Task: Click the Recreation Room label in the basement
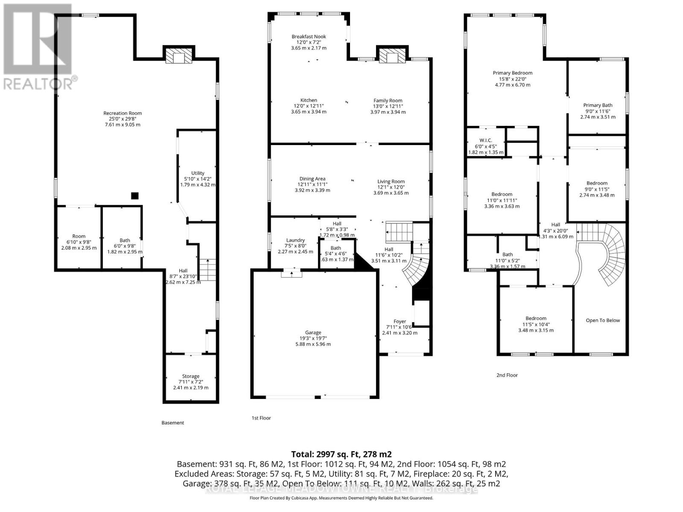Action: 123,113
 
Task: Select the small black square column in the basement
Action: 134,196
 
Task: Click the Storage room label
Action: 191,376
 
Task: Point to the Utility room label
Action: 198,173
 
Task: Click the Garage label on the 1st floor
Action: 313,333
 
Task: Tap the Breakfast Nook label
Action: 309,37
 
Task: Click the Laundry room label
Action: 295,240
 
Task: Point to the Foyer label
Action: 400,322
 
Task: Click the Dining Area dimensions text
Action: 312,187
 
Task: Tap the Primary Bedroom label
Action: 512,73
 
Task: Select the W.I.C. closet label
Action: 486,140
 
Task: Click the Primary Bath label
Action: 598,105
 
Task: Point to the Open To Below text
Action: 602,320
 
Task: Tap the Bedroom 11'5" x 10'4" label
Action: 536,318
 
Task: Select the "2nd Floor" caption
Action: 507,375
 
